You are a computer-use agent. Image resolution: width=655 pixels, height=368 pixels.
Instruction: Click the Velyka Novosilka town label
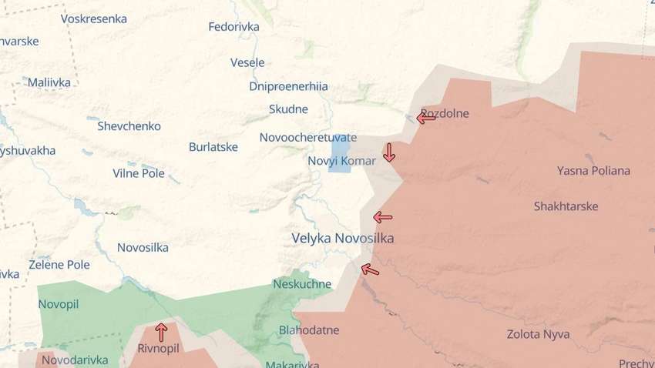[x=342, y=239]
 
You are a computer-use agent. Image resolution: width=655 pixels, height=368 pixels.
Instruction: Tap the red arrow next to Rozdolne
[x=425, y=118]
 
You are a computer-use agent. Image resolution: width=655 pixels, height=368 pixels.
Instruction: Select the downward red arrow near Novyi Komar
[x=389, y=152]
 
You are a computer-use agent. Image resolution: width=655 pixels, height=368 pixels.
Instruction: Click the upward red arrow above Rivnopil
[x=161, y=332]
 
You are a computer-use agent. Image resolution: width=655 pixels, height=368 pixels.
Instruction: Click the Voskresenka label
[x=93, y=19]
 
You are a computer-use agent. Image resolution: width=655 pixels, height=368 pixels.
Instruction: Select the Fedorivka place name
[x=233, y=27]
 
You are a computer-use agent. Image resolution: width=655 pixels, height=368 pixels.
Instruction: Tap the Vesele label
[x=247, y=62]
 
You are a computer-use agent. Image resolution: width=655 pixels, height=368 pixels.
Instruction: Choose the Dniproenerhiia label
[x=288, y=86]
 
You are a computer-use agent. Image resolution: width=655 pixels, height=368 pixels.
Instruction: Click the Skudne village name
[x=288, y=109]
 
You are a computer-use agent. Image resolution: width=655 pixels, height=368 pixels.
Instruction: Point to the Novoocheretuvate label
[x=307, y=137]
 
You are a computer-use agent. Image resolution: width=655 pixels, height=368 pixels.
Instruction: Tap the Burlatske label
[x=213, y=146]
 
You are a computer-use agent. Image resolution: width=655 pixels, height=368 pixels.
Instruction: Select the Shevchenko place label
[x=129, y=125]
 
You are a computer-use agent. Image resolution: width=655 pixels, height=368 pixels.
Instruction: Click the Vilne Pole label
[x=139, y=173]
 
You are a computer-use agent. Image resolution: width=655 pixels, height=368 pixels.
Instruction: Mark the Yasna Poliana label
[x=593, y=171]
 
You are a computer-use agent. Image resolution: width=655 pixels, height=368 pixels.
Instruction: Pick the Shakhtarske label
[x=566, y=206]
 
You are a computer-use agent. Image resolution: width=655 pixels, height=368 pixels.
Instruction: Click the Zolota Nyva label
[x=538, y=334]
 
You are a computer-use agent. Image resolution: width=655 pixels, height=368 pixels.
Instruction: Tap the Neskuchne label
[x=302, y=284]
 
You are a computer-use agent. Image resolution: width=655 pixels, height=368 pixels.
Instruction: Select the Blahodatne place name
[x=309, y=330]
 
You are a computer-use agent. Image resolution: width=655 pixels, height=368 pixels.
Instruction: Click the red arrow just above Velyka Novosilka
[x=382, y=217]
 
